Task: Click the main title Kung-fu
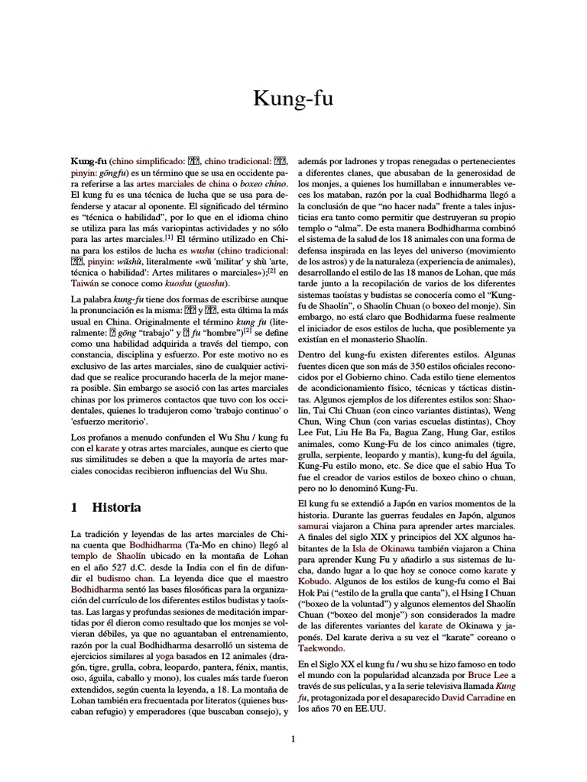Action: click(293, 99)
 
